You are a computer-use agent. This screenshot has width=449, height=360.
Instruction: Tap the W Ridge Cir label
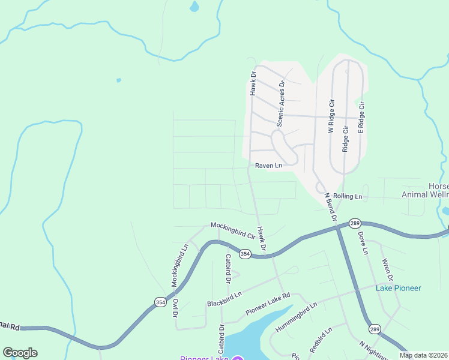click(330, 117)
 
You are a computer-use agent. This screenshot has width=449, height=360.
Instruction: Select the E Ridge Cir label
click(361, 117)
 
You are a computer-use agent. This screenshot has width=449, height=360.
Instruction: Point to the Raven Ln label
click(268, 166)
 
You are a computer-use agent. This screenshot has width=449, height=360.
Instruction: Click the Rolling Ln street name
click(348, 196)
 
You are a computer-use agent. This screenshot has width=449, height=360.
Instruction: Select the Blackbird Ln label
click(224, 298)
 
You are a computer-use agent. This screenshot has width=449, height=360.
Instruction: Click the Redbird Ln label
click(318, 342)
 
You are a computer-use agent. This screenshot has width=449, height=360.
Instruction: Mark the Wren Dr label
click(387, 269)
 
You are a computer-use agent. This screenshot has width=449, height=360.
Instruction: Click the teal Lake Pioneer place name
click(399, 288)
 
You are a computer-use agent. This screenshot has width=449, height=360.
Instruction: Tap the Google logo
click(20, 352)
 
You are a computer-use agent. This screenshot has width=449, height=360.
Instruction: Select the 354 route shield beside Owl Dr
click(160, 302)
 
